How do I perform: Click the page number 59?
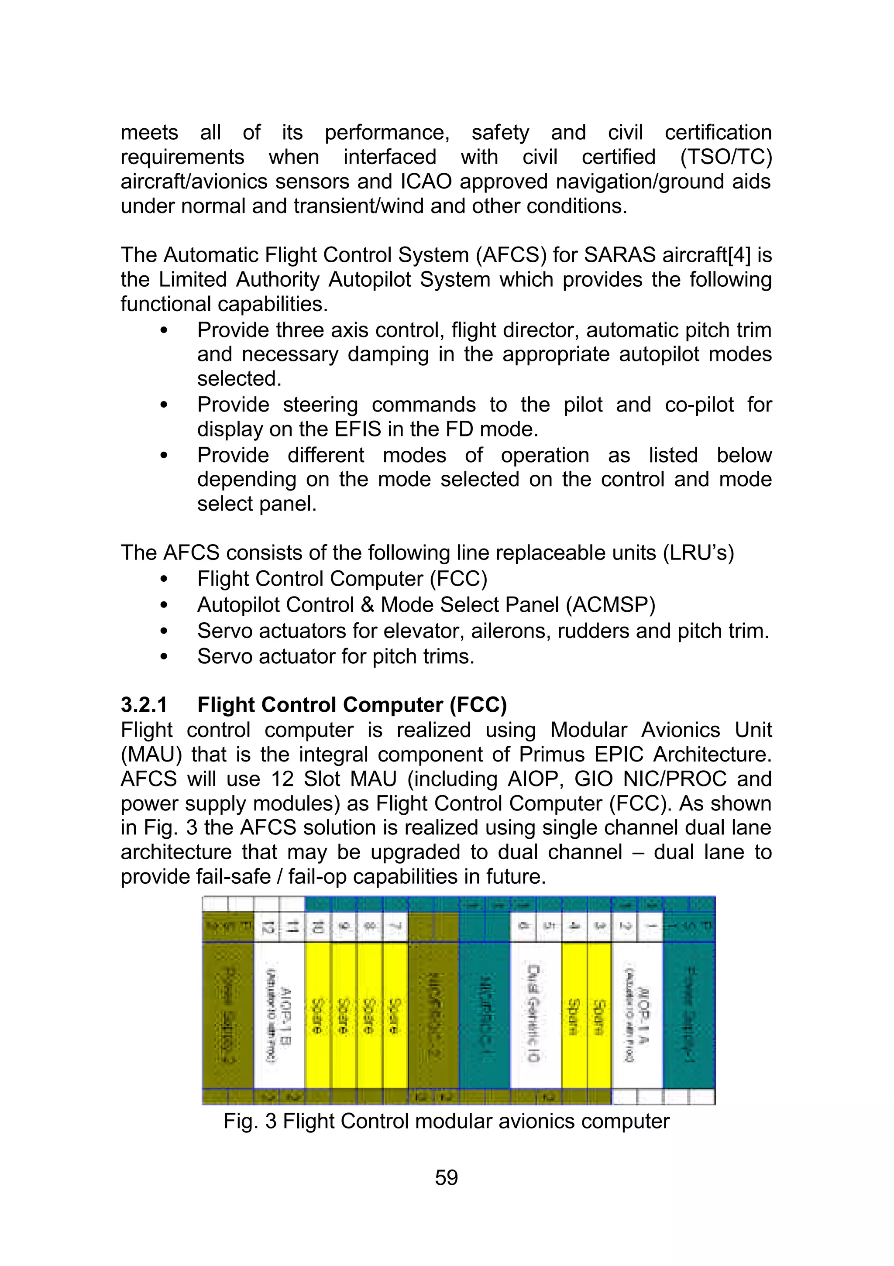(x=446, y=1177)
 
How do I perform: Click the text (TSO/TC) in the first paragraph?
(x=726, y=157)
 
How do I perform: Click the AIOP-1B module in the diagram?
(x=279, y=1015)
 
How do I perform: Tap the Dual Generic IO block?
(x=535, y=1015)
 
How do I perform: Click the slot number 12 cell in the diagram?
(x=267, y=927)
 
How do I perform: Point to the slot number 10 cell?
(x=318, y=927)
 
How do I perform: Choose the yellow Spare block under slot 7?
(x=395, y=1015)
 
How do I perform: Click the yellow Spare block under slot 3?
(x=599, y=1015)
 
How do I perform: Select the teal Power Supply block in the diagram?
(x=689, y=1015)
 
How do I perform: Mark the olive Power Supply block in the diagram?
(x=228, y=1015)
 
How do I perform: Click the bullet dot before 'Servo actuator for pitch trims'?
(x=163, y=657)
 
